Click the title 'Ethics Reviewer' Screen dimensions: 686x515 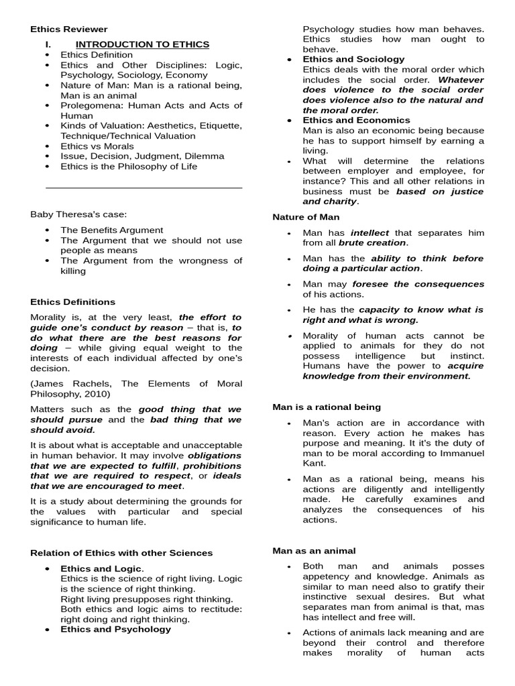(69, 29)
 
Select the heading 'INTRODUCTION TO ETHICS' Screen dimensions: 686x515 (142, 44)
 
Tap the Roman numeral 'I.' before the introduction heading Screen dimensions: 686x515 (48, 44)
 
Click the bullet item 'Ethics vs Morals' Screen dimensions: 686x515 (97, 146)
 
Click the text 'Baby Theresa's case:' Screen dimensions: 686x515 (78, 214)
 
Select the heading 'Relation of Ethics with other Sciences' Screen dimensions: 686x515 (121, 553)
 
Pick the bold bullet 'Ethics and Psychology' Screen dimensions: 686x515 (115, 629)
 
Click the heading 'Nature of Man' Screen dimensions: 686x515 (306, 217)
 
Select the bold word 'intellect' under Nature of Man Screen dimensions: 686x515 (369, 233)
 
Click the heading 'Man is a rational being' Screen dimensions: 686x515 (327, 407)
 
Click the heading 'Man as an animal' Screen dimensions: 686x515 (314, 551)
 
